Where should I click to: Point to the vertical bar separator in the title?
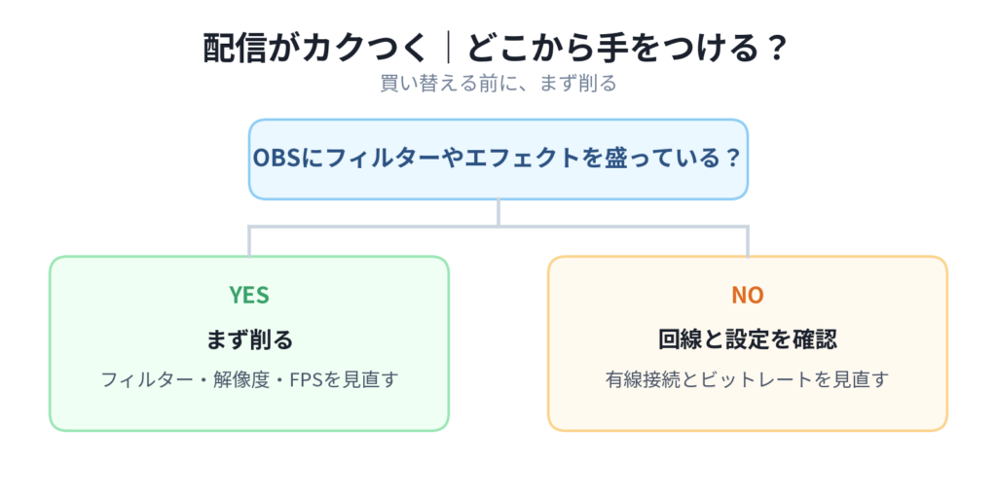(x=449, y=49)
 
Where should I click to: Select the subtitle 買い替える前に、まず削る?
(x=498, y=84)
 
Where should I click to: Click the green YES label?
(x=249, y=295)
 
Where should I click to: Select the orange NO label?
(x=747, y=295)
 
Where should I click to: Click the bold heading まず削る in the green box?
(x=249, y=340)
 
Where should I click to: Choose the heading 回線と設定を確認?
(x=747, y=340)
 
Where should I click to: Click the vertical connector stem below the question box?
(x=498, y=212)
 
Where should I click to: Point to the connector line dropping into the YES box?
(x=249, y=241)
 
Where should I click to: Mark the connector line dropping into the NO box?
(x=747, y=241)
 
